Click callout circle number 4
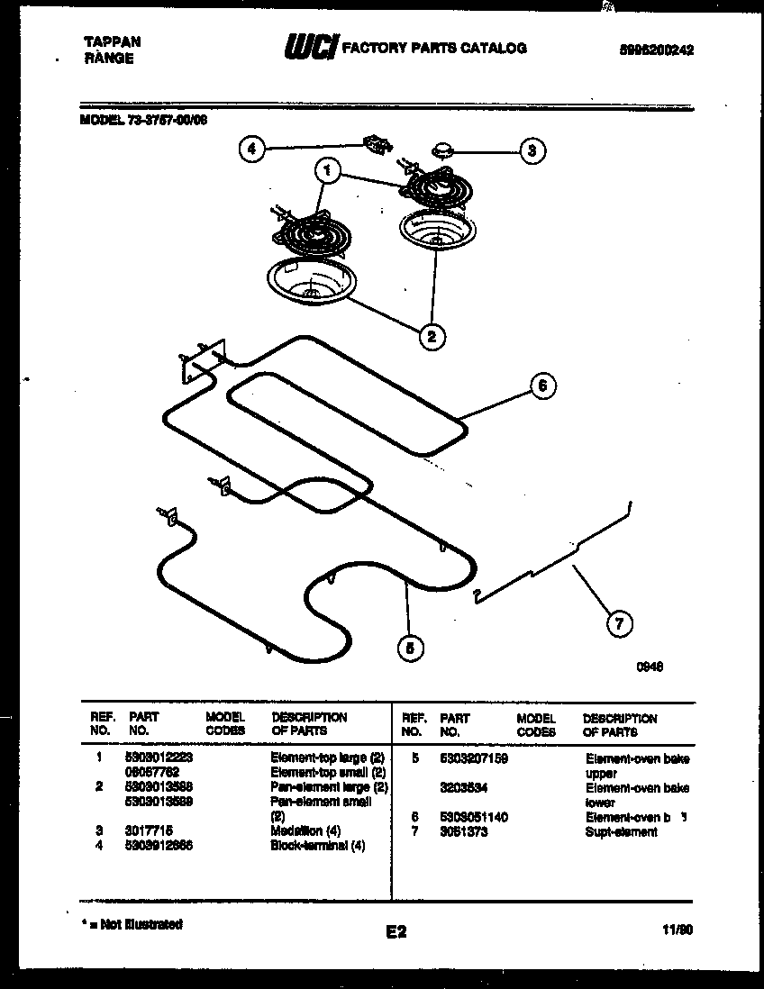pyautogui.click(x=253, y=150)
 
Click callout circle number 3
pyautogui.click(x=532, y=150)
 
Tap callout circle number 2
pyautogui.click(x=432, y=337)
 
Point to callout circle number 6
pyautogui.click(x=541, y=386)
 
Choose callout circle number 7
pyautogui.click(x=618, y=622)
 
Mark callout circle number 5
pyautogui.click(x=409, y=646)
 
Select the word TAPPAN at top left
pyautogui.click(x=111, y=41)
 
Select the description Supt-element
pyautogui.click(x=621, y=831)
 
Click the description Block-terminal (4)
pyautogui.click(x=317, y=846)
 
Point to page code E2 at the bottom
pyautogui.click(x=396, y=932)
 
